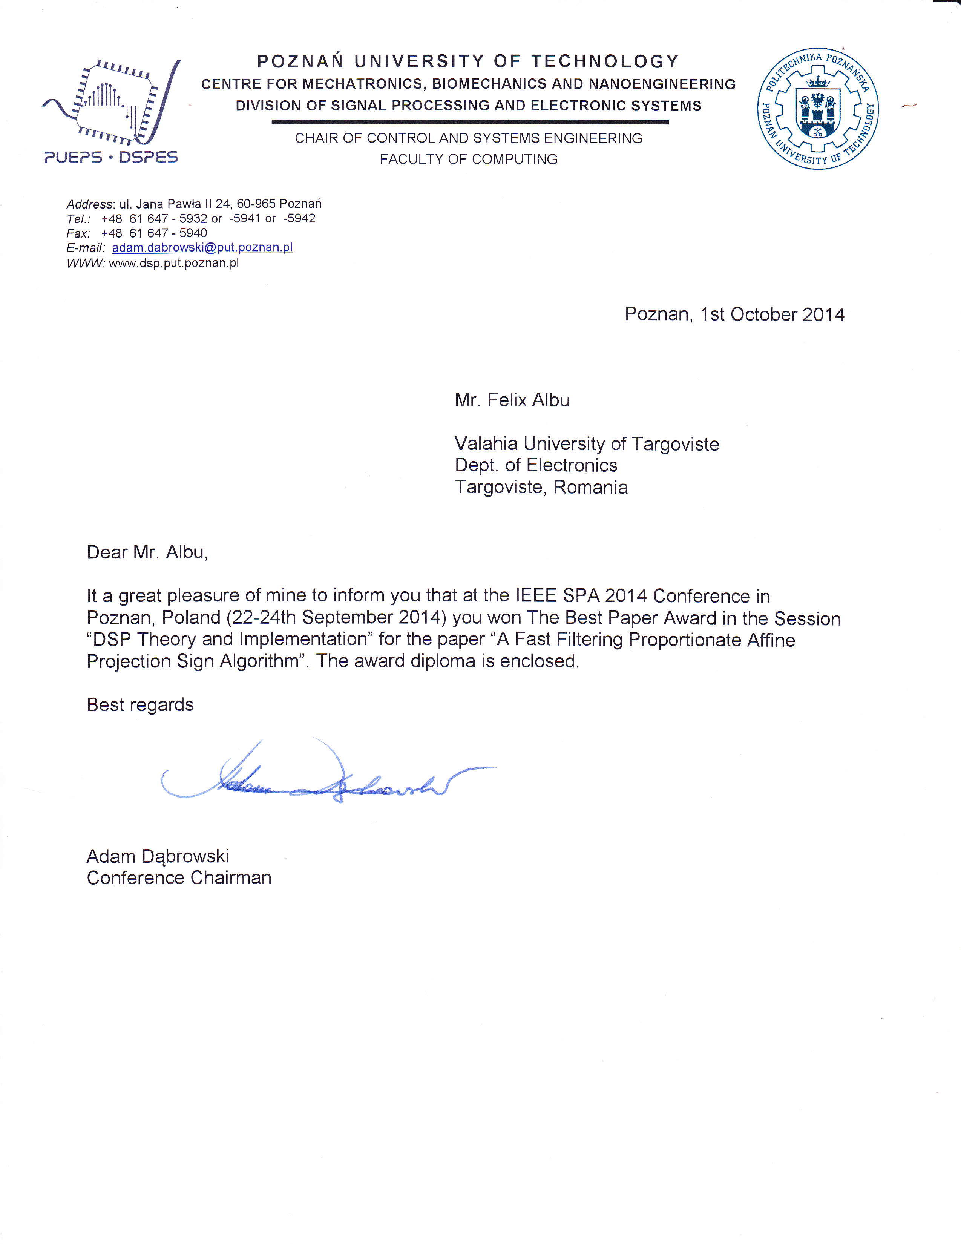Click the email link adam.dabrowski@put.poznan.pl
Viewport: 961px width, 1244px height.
point(202,248)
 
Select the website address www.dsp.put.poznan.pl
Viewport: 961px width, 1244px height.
point(174,263)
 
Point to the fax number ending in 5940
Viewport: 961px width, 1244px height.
point(154,233)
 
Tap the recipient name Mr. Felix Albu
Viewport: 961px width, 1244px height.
point(512,400)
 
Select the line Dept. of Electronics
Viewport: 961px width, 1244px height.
point(535,465)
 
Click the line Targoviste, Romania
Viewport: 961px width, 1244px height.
point(541,488)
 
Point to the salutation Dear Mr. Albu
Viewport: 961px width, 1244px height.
point(147,552)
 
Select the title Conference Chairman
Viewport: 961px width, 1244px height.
point(179,878)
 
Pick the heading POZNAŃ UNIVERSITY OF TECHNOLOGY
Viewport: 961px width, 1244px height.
point(468,61)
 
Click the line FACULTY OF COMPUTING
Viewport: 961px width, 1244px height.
point(468,160)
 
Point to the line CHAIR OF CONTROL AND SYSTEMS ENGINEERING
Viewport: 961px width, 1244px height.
point(468,138)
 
